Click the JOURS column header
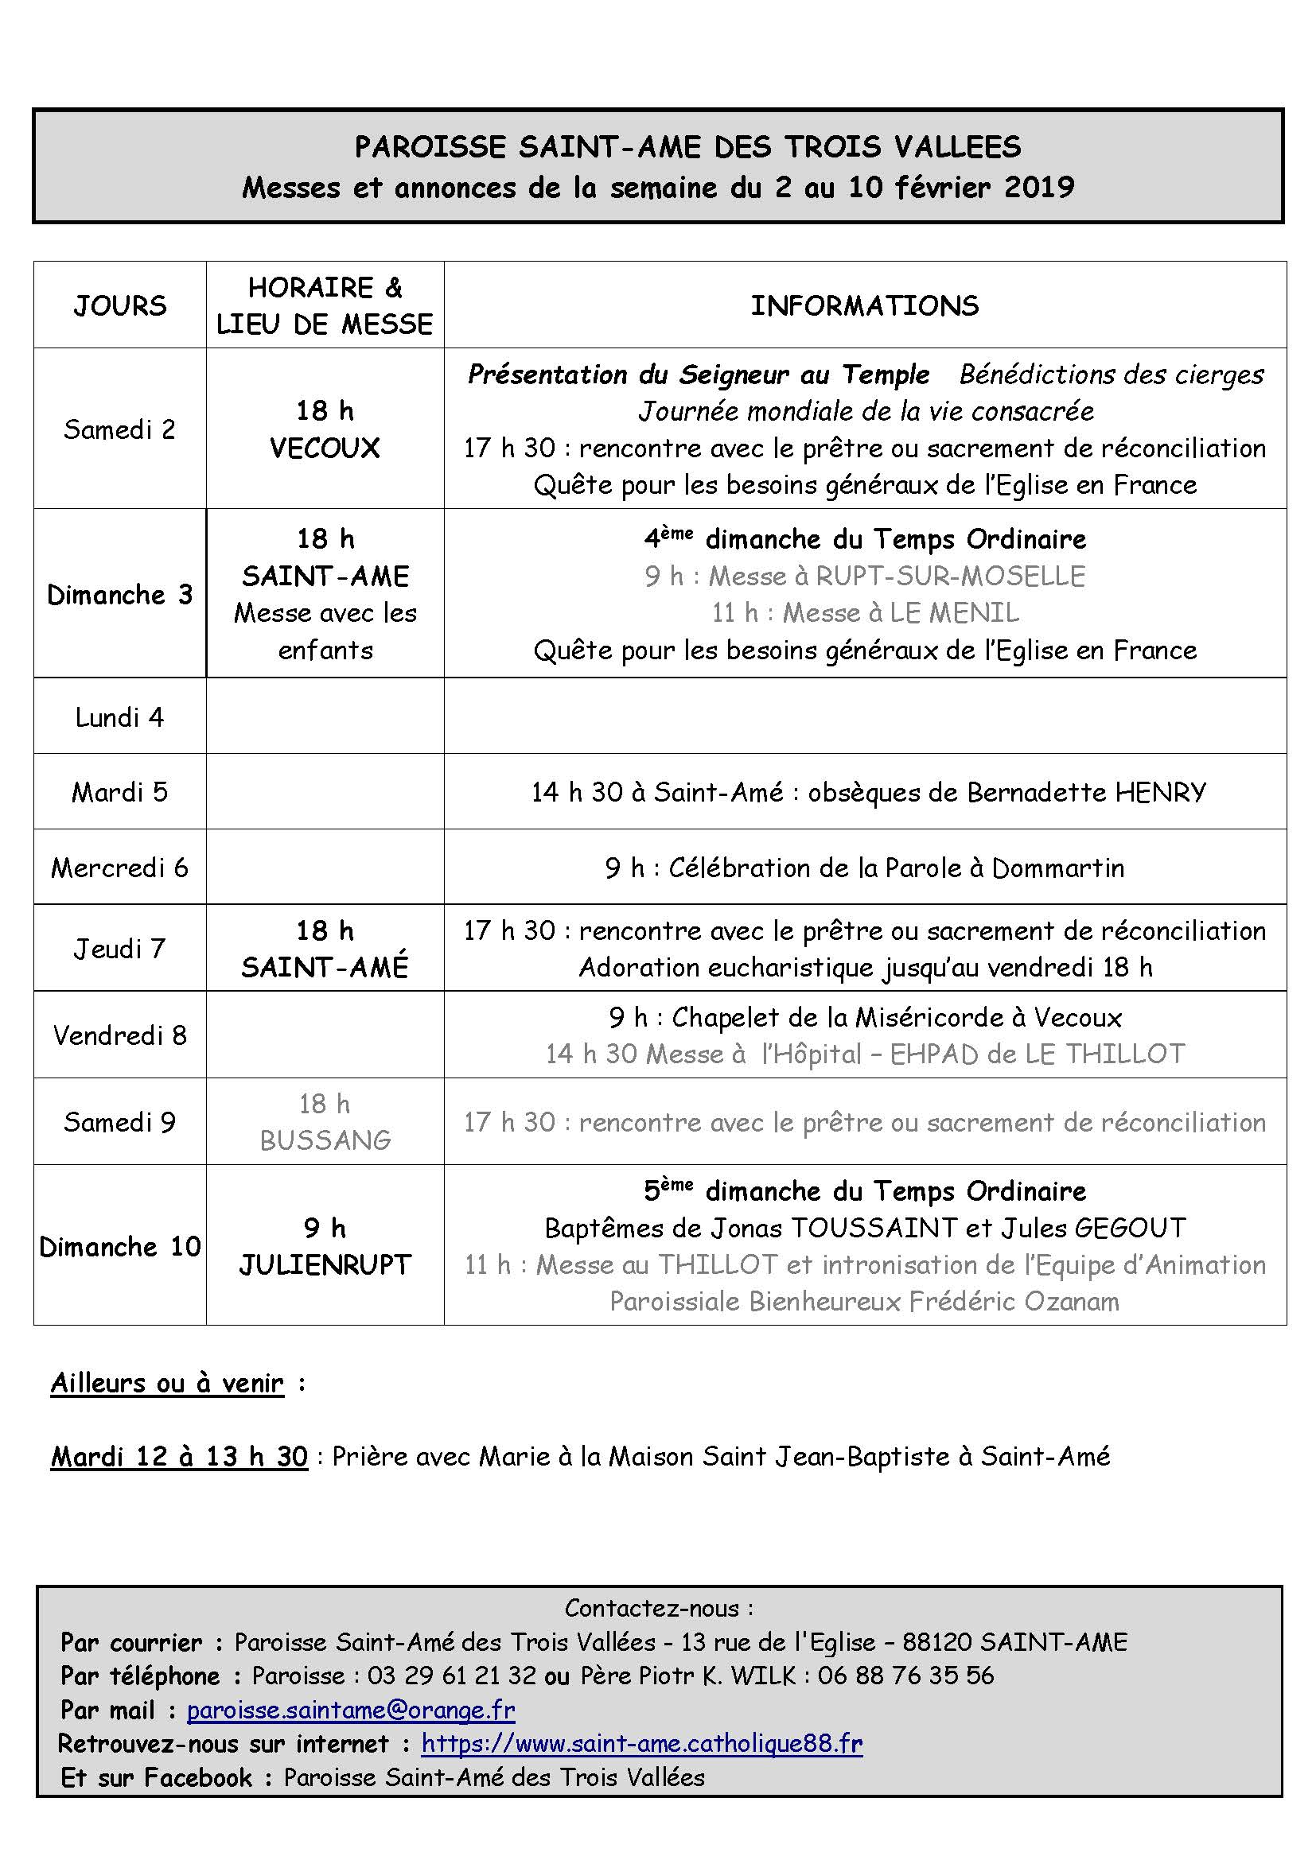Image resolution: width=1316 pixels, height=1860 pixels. click(120, 305)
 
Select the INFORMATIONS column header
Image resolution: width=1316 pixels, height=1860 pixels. click(865, 305)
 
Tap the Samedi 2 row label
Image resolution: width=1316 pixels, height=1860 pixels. click(120, 429)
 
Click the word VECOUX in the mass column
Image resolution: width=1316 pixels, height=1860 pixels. click(325, 448)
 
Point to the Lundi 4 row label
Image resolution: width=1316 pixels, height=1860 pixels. click(120, 717)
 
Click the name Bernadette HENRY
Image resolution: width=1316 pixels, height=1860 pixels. click(1087, 791)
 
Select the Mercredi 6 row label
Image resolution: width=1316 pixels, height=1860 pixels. click(120, 868)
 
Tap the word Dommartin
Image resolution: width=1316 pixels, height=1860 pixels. click(1057, 868)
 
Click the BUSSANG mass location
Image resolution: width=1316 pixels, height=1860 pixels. click(325, 1140)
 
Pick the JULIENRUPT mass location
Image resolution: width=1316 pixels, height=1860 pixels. click(325, 1264)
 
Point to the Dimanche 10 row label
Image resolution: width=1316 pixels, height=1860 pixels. click(120, 1246)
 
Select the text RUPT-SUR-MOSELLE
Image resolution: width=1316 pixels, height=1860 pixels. click(951, 576)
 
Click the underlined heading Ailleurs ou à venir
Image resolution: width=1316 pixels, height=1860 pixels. click(168, 1383)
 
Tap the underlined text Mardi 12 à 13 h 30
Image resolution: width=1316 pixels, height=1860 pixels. click(179, 1457)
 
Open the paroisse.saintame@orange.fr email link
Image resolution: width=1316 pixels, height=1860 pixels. click(351, 1711)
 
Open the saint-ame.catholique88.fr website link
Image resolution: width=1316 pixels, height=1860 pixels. click(642, 1743)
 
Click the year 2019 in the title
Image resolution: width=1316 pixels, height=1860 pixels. click(1039, 187)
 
